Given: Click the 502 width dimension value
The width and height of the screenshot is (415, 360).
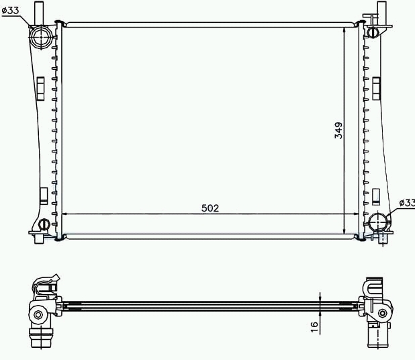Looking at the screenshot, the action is point(210,208).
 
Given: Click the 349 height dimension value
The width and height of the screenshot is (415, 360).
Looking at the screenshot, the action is point(338,130).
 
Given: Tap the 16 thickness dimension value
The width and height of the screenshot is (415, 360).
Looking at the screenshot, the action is point(314,327).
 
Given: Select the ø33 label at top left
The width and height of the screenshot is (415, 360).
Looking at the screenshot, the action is point(10,10).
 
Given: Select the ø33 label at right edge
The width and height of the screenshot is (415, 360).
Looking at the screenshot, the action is point(407,203).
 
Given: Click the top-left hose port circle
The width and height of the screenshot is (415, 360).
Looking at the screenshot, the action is point(40,37).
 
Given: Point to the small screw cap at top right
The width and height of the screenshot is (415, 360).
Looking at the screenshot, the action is point(373,32).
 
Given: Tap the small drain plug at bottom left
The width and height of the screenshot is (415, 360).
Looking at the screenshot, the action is point(44,224).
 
